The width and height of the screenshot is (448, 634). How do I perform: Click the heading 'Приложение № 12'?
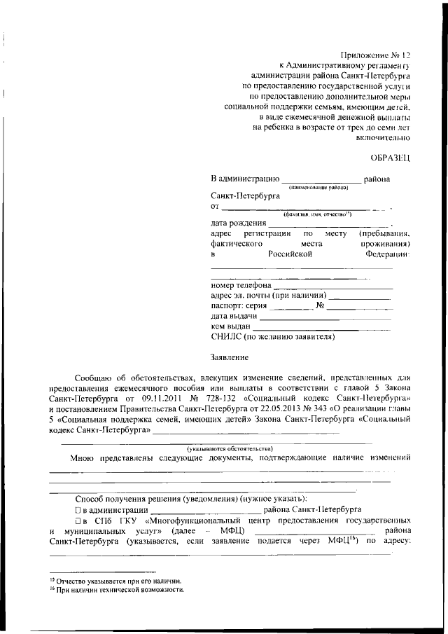[x=374, y=53]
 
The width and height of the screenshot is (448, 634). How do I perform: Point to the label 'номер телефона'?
[x=240, y=286]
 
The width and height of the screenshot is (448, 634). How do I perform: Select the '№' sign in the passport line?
[x=320, y=306]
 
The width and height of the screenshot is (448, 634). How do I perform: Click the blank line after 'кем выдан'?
[x=322, y=327]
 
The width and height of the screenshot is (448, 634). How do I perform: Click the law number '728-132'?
[x=228, y=397]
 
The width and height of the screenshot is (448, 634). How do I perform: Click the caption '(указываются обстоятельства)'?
[x=230, y=448]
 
